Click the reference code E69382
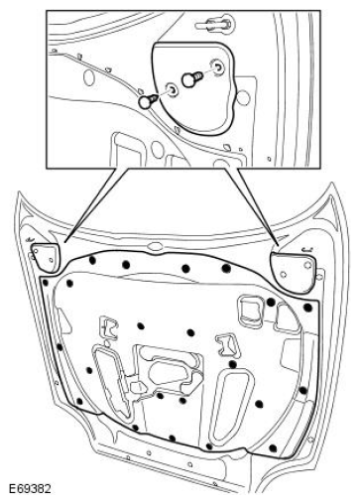point(30,489)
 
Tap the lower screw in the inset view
point(147,101)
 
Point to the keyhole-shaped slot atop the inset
point(215,24)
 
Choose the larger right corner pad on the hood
point(293,271)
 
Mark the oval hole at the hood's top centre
point(155,246)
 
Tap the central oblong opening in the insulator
point(170,371)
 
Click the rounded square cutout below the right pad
point(251,309)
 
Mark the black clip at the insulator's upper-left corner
point(46,282)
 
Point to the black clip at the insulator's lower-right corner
point(273,448)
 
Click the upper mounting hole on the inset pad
point(218,67)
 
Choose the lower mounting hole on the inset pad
point(173,89)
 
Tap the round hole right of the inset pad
point(244,99)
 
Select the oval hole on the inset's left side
point(89,77)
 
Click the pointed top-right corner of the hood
point(331,183)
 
